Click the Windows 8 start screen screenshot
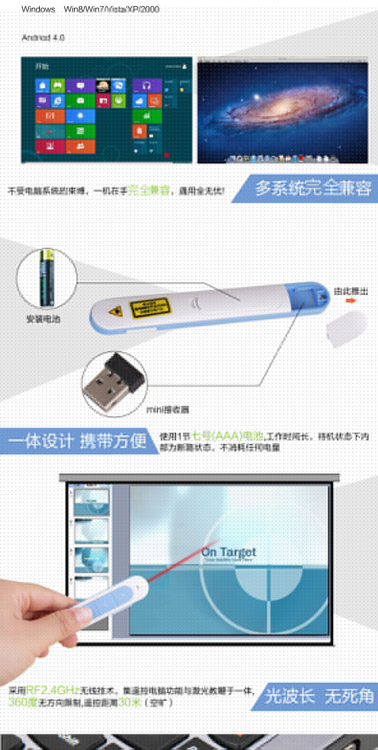(106, 110)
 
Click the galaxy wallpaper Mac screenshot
(283, 111)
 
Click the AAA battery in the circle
(47, 277)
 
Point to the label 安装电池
(44, 319)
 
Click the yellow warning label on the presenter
(150, 308)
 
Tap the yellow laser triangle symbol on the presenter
(115, 312)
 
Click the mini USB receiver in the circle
(114, 383)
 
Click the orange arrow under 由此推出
(351, 301)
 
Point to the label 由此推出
(351, 291)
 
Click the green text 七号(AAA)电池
(228, 436)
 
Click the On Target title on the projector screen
(229, 552)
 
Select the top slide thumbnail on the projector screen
(91, 501)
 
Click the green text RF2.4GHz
(53, 690)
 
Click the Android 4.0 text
(43, 37)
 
